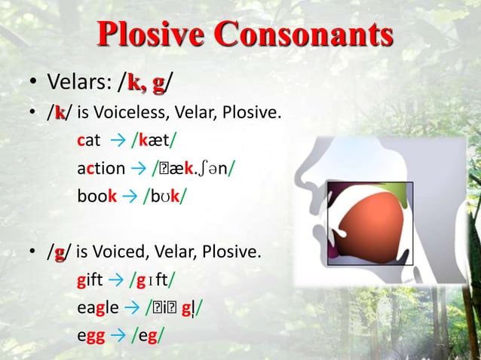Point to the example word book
[x=97, y=196]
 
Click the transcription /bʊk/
[x=165, y=196]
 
